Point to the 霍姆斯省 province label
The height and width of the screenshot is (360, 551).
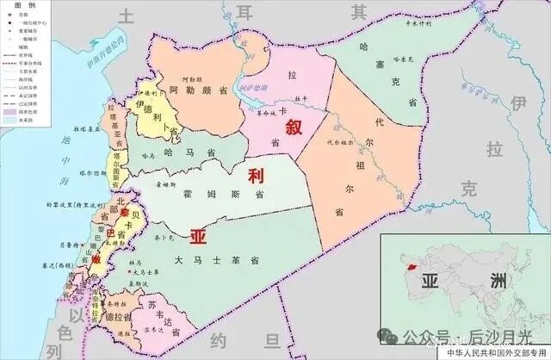tap(223, 195)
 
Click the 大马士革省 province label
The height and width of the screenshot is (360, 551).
tap(210, 258)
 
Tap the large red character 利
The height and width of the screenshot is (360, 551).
tap(255, 177)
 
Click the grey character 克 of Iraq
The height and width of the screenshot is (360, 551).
tap(467, 189)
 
